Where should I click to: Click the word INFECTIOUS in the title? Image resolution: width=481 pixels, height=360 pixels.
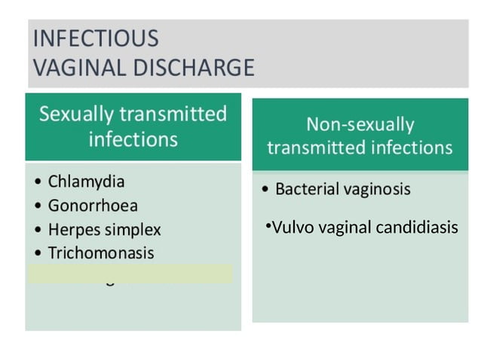point(93,38)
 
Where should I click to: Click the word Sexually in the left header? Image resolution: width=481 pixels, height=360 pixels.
point(75,114)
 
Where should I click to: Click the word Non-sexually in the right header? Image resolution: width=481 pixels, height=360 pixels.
point(360,124)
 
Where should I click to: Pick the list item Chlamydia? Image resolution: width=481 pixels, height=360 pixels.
point(86,182)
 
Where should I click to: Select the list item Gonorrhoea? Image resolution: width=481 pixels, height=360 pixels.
point(93,206)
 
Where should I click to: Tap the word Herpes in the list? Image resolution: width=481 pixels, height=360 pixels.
point(72,229)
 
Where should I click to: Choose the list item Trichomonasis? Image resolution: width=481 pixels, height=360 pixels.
point(100,253)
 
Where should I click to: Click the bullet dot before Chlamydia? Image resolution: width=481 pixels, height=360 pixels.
point(38,183)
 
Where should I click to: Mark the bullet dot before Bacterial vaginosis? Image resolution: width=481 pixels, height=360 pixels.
point(265,189)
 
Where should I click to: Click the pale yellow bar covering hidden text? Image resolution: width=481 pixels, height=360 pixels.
point(130,273)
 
